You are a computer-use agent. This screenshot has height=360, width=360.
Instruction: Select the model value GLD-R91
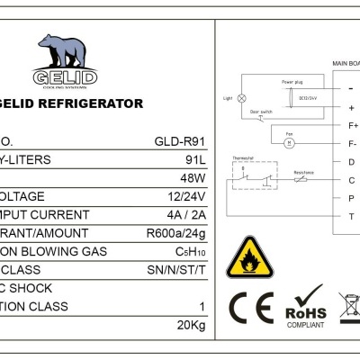[184, 142]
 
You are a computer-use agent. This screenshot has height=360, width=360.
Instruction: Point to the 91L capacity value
[197, 160]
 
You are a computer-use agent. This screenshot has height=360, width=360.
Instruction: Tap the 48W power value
[193, 178]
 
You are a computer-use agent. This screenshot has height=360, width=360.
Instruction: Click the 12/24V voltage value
[187, 196]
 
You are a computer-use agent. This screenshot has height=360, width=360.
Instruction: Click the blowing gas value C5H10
[192, 251]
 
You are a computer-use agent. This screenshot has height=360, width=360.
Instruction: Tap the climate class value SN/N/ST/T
[178, 269]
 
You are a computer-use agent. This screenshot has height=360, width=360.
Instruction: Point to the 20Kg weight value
[193, 325]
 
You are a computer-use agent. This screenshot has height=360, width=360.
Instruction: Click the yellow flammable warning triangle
[245, 259]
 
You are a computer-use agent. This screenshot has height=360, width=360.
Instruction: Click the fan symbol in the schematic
[289, 142]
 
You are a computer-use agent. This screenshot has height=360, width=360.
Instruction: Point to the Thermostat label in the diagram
[244, 157]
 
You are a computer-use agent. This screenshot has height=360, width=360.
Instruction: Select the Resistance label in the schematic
[303, 171]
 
